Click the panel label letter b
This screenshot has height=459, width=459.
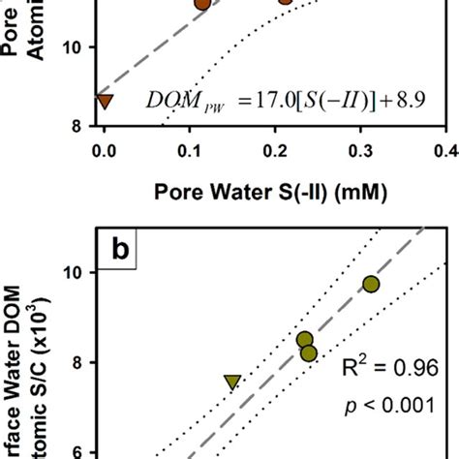(120, 250)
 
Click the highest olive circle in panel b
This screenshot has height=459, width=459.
(371, 284)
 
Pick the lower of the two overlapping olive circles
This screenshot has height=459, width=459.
(309, 353)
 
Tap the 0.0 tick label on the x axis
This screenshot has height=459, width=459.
(104, 149)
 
